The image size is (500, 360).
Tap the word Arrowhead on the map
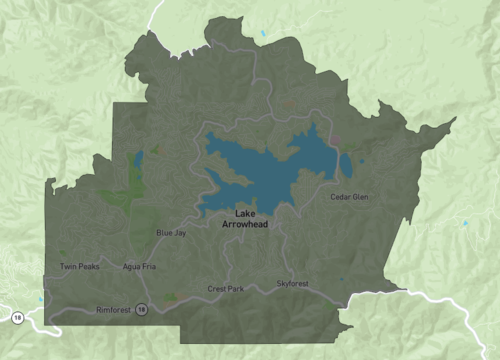pyautogui.click(x=246, y=225)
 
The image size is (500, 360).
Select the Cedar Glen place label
pyautogui.click(x=349, y=197)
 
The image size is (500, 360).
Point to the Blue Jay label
pyautogui.click(x=171, y=233)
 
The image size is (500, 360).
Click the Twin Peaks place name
pyautogui.click(x=79, y=266)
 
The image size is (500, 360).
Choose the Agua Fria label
pyautogui.click(x=138, y=267)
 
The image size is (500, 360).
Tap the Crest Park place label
pyautogui.click(x=226, y=289)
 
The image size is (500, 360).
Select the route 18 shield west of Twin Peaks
pyautogui.click(x=17, y=317)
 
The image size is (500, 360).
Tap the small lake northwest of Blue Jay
pyautogui.click(x=138, y=158)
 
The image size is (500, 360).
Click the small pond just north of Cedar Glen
pyautogui.click(x=345, y=165)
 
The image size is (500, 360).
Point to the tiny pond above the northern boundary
pyautogui.click(x=264, y=34)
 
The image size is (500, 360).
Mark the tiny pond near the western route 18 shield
pyautogui.click(x=41, y=299)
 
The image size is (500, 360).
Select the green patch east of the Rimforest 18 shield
pyautogui.click(x=170, y=297)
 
